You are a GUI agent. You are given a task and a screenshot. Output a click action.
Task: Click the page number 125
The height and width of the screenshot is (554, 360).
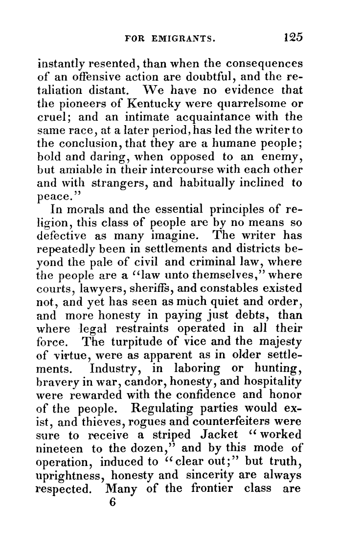click(292, 38)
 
